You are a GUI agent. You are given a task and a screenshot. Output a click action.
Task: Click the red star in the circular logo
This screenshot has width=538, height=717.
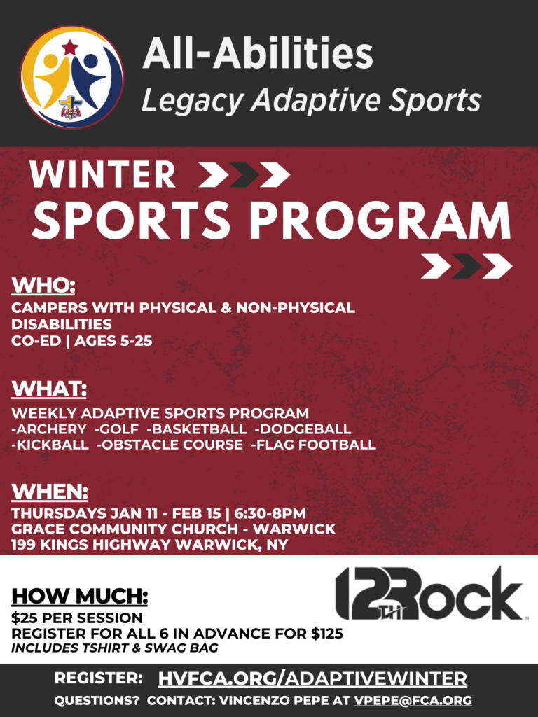[x=69, y=47]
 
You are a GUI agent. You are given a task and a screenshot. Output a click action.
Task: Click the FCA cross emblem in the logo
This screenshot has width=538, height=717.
[x=69, y=107]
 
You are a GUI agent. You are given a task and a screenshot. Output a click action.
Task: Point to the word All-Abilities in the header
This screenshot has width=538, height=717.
[x=258, y=53]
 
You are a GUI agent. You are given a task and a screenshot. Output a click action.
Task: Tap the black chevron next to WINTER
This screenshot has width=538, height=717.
[x=244, y=174]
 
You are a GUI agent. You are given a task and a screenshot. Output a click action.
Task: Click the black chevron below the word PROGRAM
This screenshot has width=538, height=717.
[x=467, y=266]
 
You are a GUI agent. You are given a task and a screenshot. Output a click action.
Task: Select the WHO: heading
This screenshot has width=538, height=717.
[x=43, y=286]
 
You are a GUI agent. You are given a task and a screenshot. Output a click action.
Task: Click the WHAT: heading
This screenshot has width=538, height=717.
[x=49, y=389]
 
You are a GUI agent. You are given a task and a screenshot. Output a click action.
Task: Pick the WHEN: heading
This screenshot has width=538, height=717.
[x=50, y=492]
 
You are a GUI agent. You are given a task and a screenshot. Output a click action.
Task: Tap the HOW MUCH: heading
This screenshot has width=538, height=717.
[x=80, y=597]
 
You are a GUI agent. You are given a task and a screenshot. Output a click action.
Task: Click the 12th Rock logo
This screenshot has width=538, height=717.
[x=429, y=593]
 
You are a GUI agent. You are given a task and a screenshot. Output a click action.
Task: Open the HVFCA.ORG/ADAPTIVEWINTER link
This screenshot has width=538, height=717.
[x=312, y=678]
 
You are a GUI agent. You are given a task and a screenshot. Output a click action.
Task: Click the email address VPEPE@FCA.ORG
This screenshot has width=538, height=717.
[x=413, y=700]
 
